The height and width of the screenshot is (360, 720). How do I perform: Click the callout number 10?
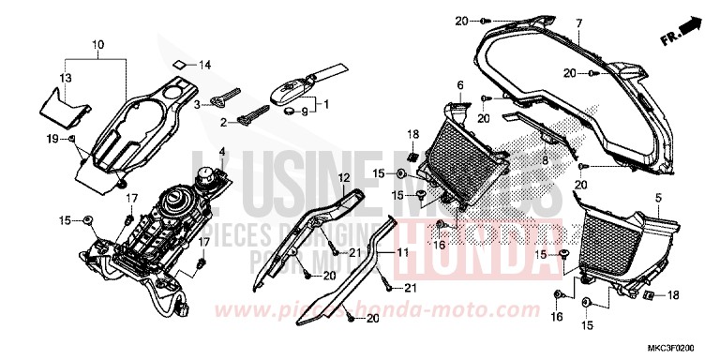(99, 44)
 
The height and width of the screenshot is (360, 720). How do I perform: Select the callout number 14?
(206, 66)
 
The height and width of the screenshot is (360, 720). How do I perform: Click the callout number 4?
(222, 151)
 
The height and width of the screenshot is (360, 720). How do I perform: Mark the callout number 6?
(460, 85)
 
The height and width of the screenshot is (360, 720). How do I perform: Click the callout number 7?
(578, 22)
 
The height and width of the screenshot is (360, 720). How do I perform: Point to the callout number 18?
(673, 295)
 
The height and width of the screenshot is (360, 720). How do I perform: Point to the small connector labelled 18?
(648, 295)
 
